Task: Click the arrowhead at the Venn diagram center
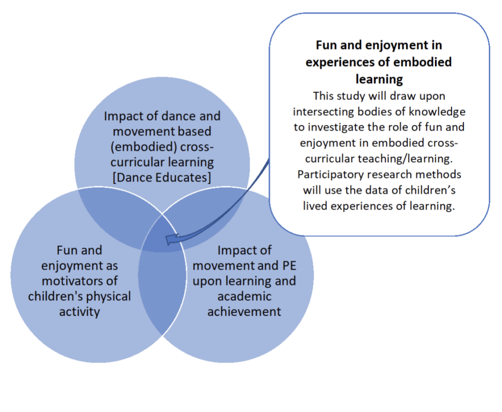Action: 172,240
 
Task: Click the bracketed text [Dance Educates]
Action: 162,177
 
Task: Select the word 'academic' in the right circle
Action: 244,296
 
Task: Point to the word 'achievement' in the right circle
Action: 244,312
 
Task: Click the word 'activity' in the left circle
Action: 79,312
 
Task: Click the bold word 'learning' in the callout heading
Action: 379,79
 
